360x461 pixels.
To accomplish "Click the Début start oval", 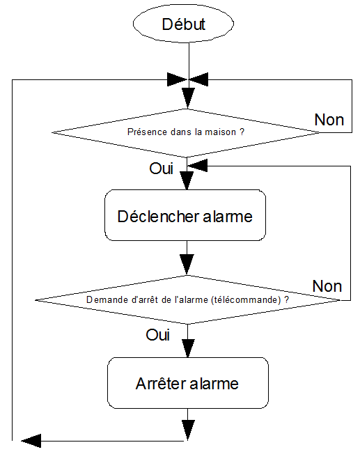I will tap(184, 24).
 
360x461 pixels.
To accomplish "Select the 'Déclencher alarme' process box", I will tap(185, 216).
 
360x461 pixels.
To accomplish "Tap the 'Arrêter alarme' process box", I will tap(187, 383).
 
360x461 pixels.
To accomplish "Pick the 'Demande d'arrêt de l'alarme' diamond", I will tap(187, 300).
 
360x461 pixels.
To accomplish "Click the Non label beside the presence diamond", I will tap(329, 119).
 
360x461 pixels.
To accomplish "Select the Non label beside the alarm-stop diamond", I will tap(327, 286).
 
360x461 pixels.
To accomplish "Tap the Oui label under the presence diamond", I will tap(161, 169).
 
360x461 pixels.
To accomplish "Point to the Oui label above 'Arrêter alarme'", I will tap(158, 335).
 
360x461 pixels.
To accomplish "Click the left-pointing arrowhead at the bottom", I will tap(31, 440).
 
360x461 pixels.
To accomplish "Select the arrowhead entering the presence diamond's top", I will tap(187, 96).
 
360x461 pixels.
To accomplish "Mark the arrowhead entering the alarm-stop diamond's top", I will tap(187, 265).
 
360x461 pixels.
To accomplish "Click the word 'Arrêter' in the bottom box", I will tap(161, 383).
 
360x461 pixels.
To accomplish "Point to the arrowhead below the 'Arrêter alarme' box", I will tap(187, 426).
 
